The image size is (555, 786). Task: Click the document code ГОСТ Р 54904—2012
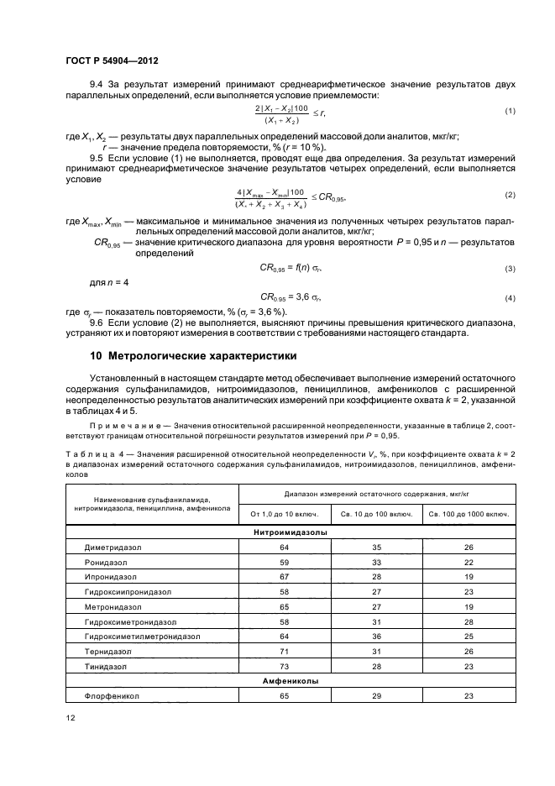pyautogui.click(x=112, y=60)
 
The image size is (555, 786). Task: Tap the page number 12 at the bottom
pyautogui.click(x=70, y=718)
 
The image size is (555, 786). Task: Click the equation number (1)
pyautogui.click(x=510, y=112)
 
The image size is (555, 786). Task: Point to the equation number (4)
pyautogui.click(x=510, y=298)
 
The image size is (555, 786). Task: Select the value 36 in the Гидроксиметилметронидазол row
pyautogui.click(x=376, y=637)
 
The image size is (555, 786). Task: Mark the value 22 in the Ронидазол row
pyautogui.click(x=469, y=562)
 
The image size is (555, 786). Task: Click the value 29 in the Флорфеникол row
pyautogui.click(x=376, y=696)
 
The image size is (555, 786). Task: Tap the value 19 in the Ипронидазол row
pyautogui.click(x=469, y=577)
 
